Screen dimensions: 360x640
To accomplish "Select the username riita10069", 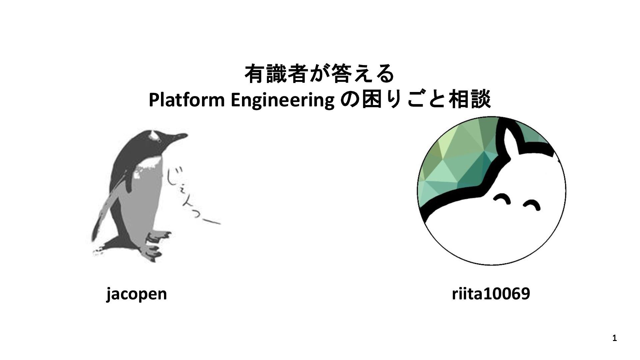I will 491,294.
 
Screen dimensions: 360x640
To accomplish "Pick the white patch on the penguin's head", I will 154,135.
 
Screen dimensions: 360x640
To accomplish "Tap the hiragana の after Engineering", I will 348,100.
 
